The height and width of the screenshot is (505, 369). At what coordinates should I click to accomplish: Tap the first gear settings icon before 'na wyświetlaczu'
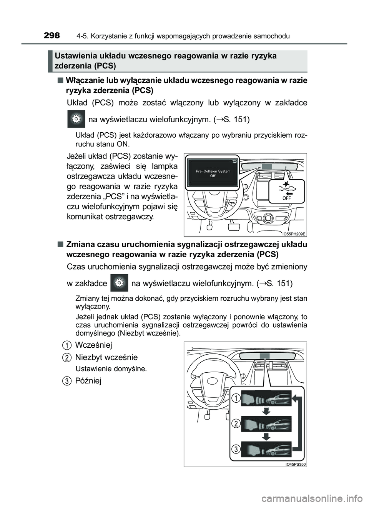click(76, 119)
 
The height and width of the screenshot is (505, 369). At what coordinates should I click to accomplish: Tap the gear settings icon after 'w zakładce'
click(119, 283)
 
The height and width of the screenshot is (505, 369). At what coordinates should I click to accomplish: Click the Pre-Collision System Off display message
click(213, 173)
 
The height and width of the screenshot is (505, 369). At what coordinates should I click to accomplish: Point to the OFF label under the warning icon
click(286, 198)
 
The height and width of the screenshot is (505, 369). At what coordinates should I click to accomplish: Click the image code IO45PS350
click(296, 464)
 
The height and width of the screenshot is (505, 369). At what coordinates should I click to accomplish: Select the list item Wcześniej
click(93, 345)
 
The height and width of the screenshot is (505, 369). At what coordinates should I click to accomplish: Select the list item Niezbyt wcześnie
click(106, 357)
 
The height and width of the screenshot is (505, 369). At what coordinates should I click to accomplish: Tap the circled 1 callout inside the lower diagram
click(236, 398)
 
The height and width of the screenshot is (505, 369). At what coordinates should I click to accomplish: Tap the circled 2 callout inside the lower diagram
click(236, 424)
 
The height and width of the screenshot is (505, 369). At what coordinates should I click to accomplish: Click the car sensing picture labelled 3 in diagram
click(266, 449)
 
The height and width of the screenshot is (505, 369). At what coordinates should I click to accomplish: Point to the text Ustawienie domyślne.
click(111, 369)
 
